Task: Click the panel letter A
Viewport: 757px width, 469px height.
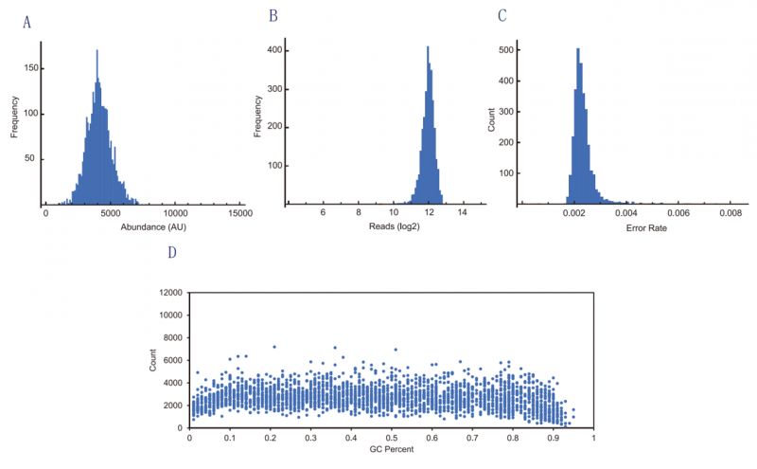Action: pos(27,23)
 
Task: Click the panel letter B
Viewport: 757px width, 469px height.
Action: pos(273,16)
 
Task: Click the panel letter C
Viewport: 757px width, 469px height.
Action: pos(502,16)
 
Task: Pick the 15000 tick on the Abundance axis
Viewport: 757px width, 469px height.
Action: pos(240,215)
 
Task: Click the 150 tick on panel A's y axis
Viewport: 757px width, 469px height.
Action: pos(32,68)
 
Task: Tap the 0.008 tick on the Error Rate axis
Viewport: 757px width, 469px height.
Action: pos(730,215)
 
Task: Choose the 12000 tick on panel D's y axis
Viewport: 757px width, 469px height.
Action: pos(170,293)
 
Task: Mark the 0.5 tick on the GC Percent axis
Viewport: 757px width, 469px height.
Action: pos(392,439)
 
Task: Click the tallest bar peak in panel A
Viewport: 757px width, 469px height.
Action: pos(97,52)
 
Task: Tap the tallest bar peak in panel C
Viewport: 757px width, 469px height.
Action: pos(577,50)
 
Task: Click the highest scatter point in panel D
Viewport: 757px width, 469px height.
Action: pos(274,347)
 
